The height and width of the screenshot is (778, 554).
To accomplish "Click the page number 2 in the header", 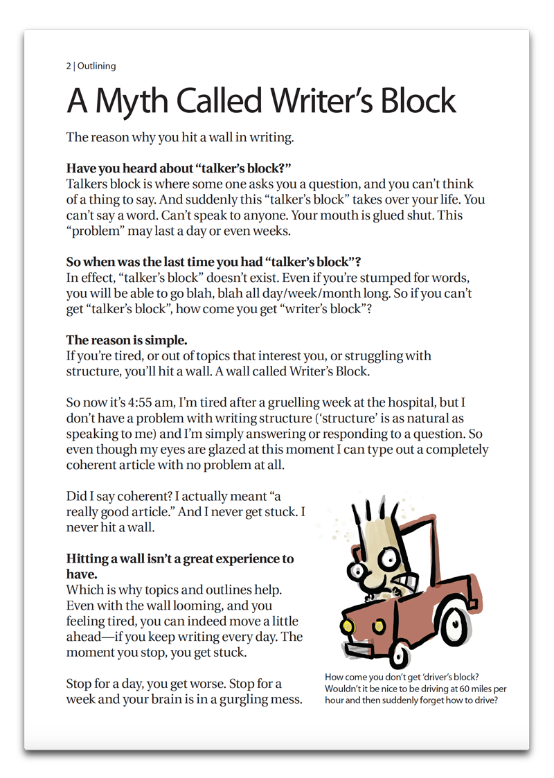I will click(69, 67).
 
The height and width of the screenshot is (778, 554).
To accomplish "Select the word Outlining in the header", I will click(97, 67).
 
